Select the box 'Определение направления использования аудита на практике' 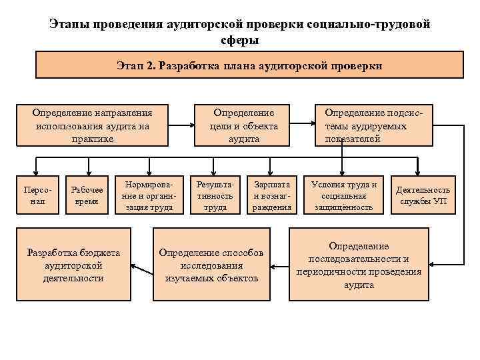point(92,125)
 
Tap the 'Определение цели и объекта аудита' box point(243,125)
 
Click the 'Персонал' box point(33,195)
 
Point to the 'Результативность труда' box point(214,195)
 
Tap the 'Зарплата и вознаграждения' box point(271,195)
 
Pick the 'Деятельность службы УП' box point(424,195)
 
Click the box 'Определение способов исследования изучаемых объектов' point(211,265)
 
